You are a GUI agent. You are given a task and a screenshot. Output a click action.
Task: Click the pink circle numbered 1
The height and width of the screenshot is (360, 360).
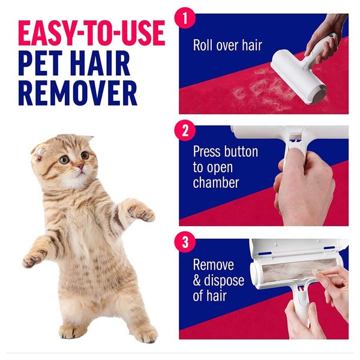pos(185,18)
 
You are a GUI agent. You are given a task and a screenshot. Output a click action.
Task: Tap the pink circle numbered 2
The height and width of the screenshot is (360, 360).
pos(185,130)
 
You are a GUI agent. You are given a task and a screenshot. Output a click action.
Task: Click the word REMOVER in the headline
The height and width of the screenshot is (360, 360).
pos(78,94)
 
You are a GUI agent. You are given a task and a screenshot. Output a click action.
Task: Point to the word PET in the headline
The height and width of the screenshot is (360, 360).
pos(40,63)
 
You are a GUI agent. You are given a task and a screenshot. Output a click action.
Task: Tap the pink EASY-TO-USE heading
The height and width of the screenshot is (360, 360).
pos(92,33)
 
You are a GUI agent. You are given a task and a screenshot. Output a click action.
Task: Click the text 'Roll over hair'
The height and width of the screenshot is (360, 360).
pos(227,45)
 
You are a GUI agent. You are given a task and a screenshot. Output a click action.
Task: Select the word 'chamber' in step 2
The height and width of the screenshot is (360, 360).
pos(216,182)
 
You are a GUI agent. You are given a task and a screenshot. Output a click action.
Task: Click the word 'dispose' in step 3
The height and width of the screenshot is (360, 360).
pos(224,281)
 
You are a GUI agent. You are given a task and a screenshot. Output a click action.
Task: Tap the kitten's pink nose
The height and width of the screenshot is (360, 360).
pos(80,166)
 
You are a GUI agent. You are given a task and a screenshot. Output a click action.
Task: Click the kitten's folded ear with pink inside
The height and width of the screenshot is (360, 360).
pos(38,153)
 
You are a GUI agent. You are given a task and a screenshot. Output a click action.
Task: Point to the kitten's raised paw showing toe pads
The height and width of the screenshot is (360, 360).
pos(141,211)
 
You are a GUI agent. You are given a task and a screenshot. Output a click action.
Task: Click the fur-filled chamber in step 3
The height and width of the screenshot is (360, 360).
pos(291,271)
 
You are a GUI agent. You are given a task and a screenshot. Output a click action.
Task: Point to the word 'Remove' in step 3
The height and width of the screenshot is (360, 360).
pos(214,265)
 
